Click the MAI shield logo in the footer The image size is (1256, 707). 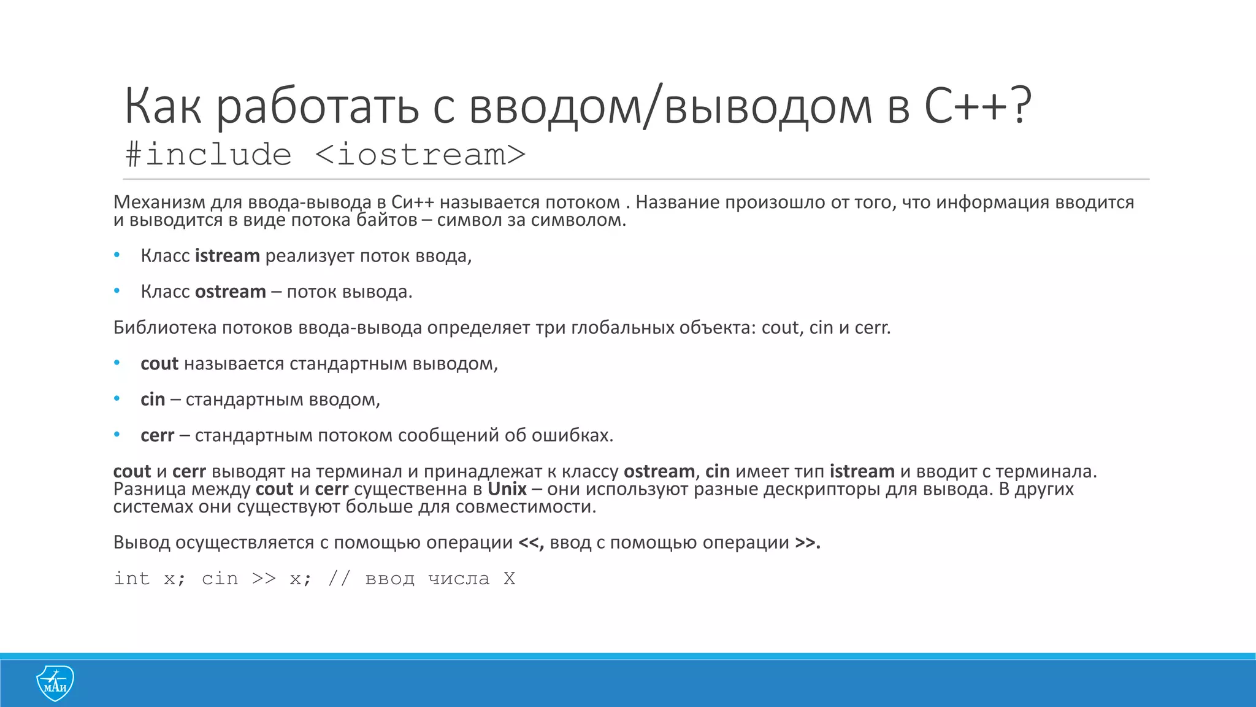coord(55,683)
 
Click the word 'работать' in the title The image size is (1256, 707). coord(318,106)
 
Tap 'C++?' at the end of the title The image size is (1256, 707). coord(978,106)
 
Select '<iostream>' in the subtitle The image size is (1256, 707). coord(420,154)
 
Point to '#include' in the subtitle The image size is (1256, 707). coord(208,154)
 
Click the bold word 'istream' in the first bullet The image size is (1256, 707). coord(227,256)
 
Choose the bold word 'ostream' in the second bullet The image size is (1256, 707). coord(230,292)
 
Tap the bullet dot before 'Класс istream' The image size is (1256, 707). coord(117,255)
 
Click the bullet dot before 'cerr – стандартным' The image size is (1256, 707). coord(117,435)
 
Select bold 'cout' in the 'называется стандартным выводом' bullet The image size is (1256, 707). coord(159,364)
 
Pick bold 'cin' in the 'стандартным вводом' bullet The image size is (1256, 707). coord(153,400)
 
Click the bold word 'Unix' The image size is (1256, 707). coord(507,489)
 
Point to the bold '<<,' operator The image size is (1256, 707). coord(531,543)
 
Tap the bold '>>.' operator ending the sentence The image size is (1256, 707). coord(808,543)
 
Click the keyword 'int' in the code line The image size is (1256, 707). coord(132,578)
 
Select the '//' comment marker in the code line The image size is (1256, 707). coord(339,578)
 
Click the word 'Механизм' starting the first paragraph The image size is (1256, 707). coord(159,202)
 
